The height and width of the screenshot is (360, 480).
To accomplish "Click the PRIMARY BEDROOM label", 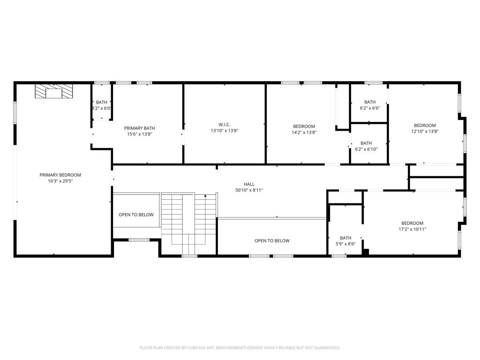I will click(x=60, y=175).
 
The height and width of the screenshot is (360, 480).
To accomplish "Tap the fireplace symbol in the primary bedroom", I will click(x=54, y=91).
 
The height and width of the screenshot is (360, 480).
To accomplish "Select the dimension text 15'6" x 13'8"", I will click(x=139, y=134).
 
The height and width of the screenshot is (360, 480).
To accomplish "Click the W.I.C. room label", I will click(x=225, y=125).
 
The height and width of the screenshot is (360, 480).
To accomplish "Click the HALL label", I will click(x=249, y=184).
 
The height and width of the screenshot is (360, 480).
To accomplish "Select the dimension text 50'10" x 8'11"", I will click(x=249, y=190).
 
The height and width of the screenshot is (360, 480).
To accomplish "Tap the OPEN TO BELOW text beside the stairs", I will click(x=136, y=215).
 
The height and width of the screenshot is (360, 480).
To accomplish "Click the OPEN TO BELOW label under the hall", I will click(x=272, y=241).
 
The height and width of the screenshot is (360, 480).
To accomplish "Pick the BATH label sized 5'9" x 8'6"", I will click(x=345, y=238).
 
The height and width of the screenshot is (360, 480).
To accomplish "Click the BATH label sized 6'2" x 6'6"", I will click(x=370, y=102).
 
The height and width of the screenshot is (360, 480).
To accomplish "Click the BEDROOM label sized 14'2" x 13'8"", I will click(x=304, y=127).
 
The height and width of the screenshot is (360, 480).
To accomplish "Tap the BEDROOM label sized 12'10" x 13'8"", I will click(x=425, y=125).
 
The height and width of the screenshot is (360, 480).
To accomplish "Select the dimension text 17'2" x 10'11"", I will click(x=412, y=229).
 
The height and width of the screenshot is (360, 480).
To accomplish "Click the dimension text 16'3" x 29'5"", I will click(x=60, y=181).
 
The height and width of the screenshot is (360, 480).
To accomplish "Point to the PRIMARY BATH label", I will click(x=139, y=128).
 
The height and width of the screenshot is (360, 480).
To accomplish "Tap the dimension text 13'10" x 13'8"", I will click(x=225, y=131).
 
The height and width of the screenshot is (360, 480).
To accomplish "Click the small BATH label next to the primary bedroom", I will click(x=102, y=102).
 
